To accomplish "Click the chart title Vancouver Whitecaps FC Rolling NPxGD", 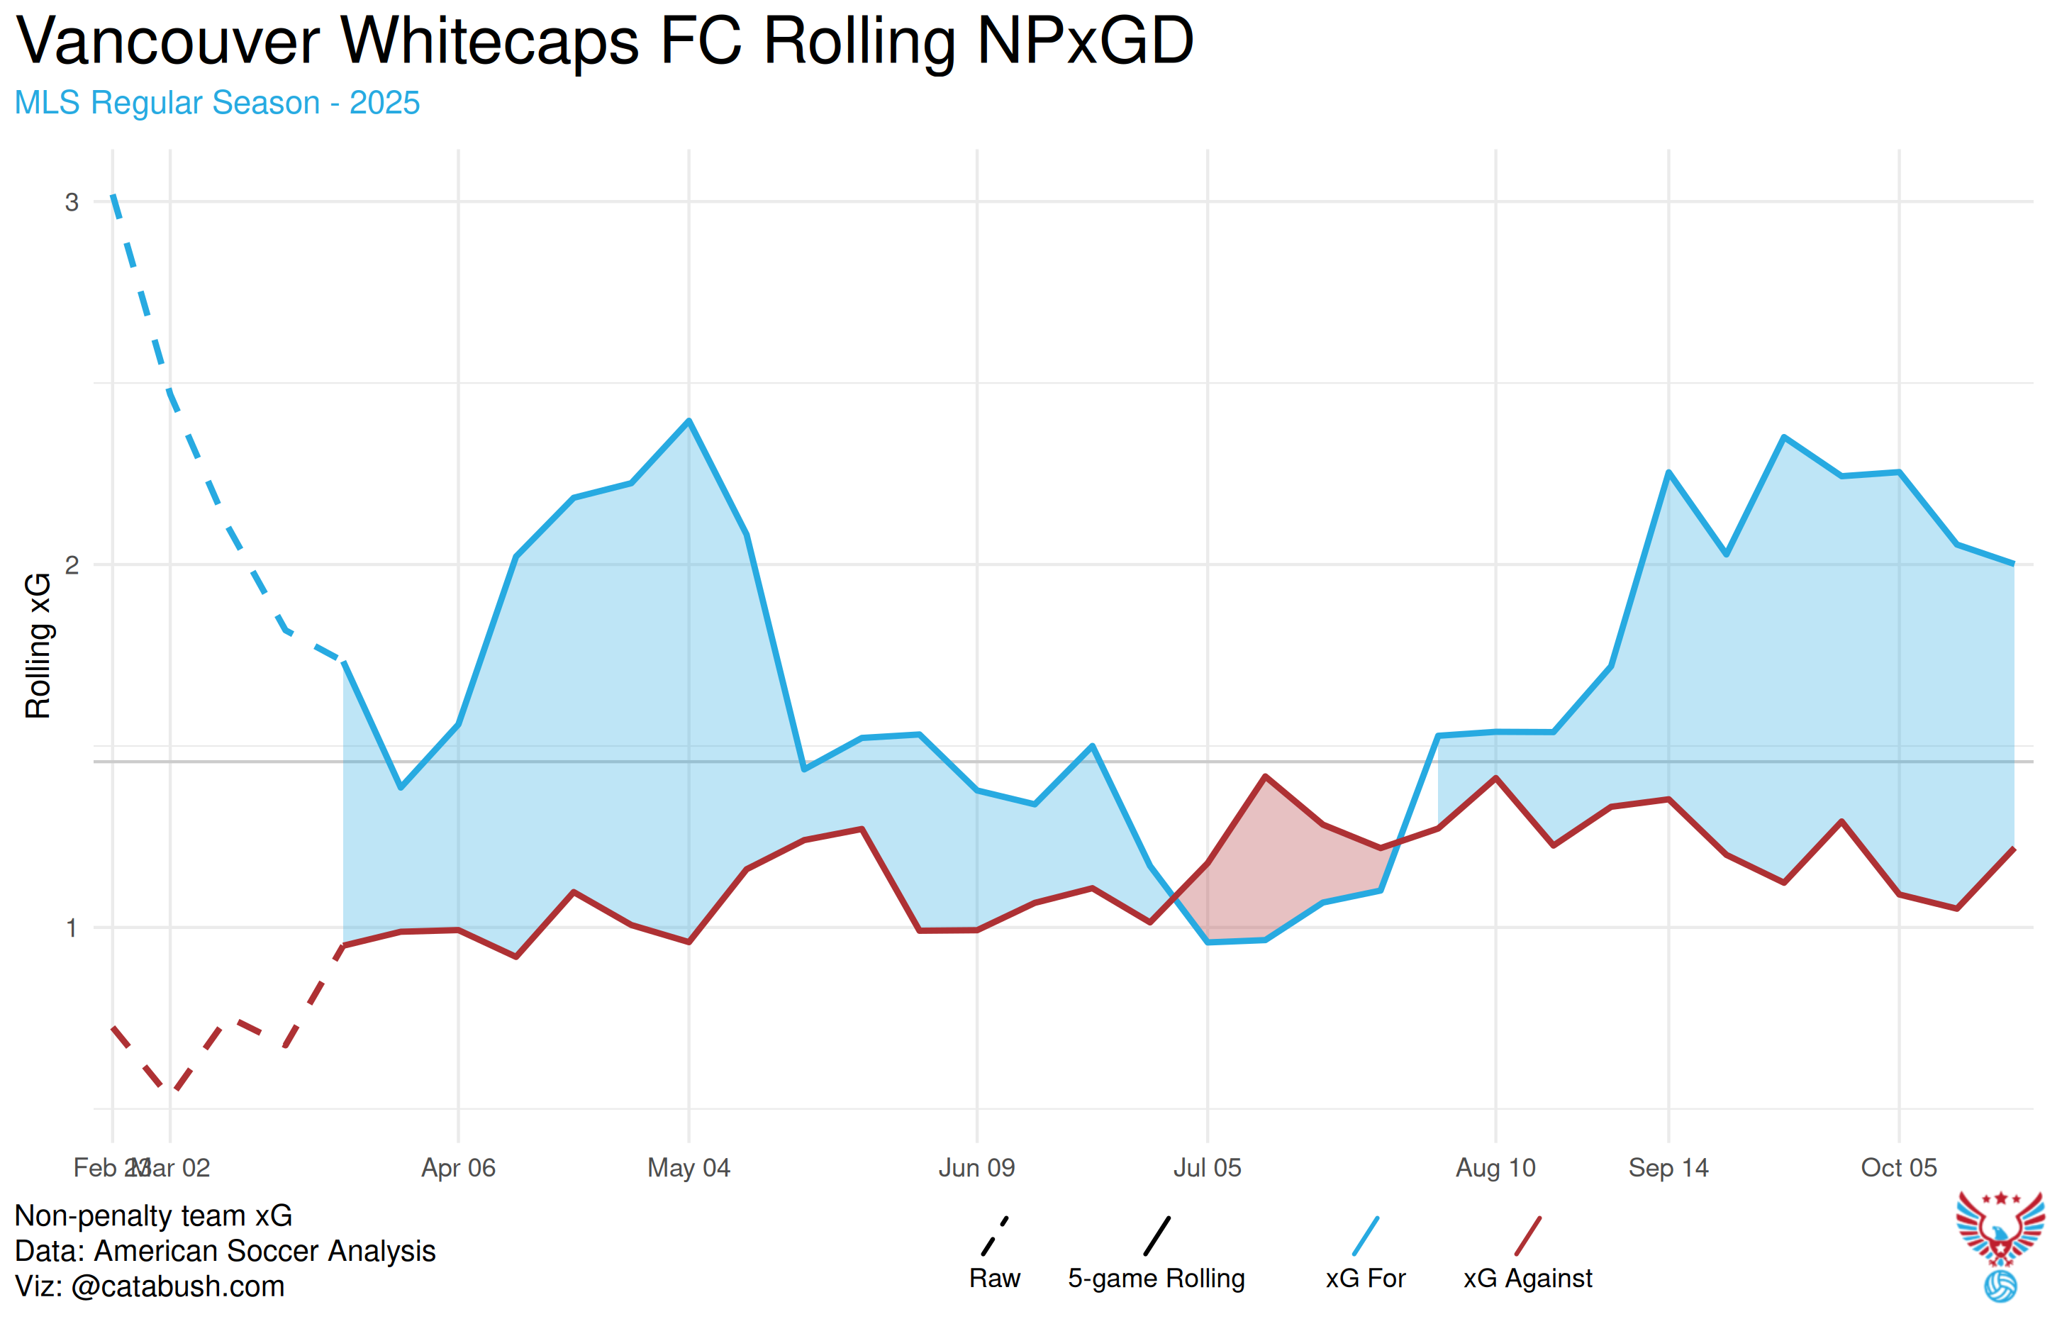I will [605, 40].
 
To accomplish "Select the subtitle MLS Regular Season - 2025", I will [217, 103].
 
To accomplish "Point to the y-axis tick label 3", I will [72, 202].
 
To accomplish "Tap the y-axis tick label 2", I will [72, 564].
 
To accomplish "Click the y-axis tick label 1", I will [72, 928].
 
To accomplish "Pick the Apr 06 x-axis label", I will [458, 1167].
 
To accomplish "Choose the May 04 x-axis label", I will [689, 1167].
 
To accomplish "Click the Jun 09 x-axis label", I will [976, 1167].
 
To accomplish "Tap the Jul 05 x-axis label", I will [1207, 1167].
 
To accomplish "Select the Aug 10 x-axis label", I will [1495, 1167].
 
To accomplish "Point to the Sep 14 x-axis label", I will [1668, 1167].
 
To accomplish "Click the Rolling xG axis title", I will [38, 646].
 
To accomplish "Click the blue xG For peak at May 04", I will [689, 421].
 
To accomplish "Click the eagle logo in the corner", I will [2000, 1242].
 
